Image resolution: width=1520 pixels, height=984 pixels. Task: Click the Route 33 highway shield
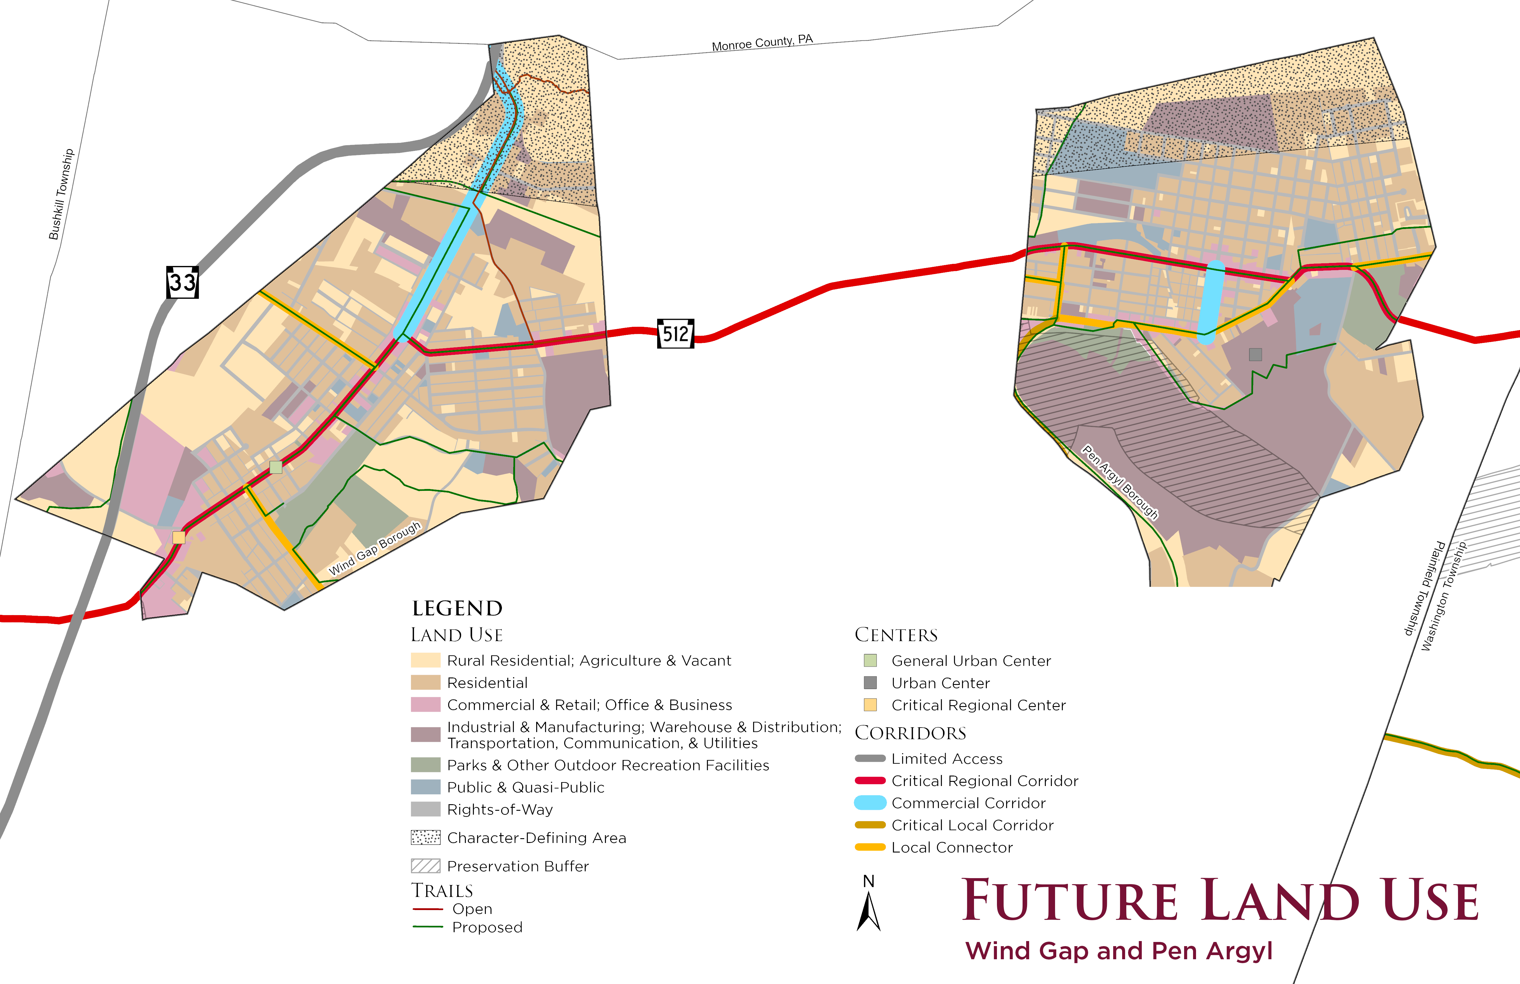pyautogui.click(x=183, y=282)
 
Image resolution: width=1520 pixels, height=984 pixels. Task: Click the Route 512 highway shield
pyautogui.click(x=676, y=334)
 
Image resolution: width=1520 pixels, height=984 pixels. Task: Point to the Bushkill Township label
pyautogui.click(x=61, y=194)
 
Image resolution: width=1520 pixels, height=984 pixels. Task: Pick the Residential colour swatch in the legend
pyautogui.click(x=425, y=683)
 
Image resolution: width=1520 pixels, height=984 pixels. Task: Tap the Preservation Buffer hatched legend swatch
pyautogui.click(x=425, y=866)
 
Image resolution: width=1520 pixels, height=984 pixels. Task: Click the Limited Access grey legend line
pyautogui.click(x=870, y=759)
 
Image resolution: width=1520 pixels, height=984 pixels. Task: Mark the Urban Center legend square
pyautogui.click(x=870, y=683)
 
